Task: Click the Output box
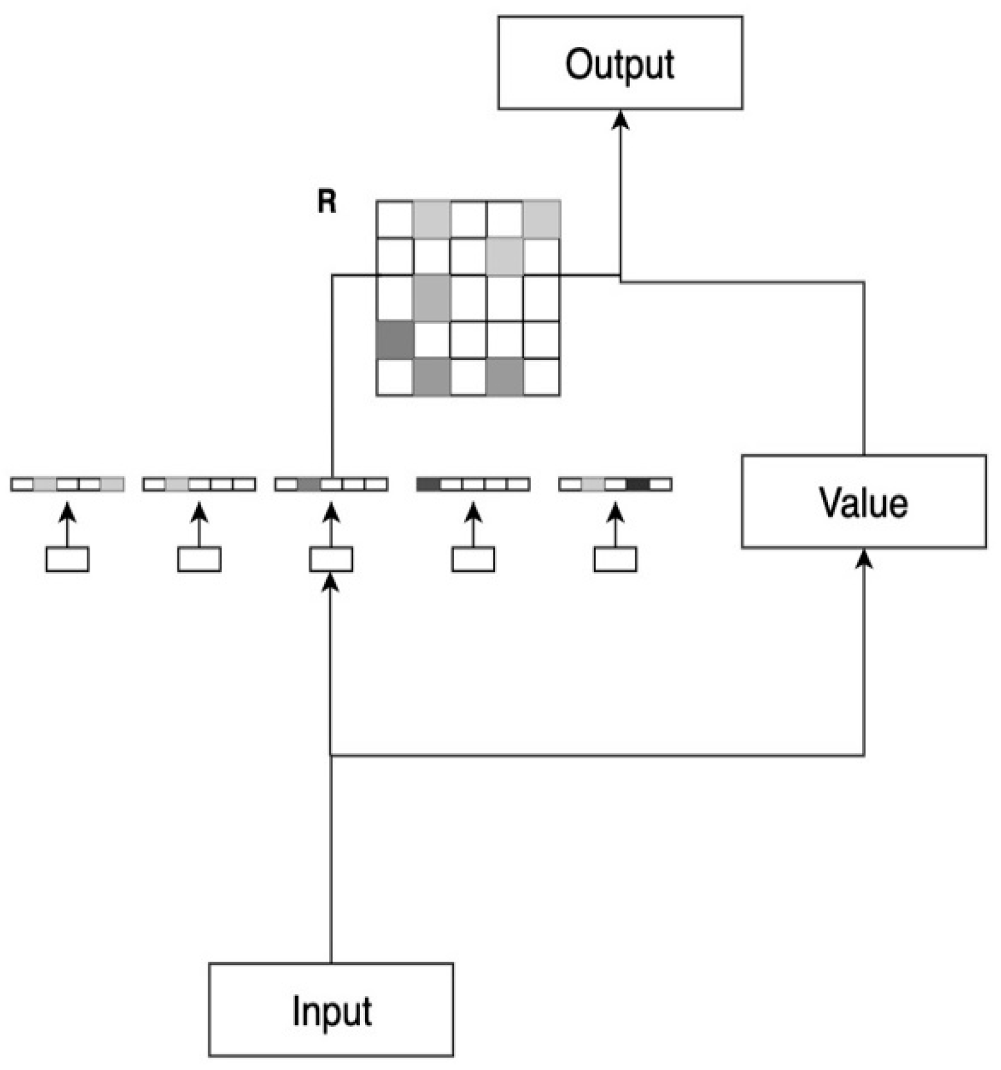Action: tap(620, 63)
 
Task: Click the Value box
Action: tap(863, 501)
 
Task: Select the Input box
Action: tap(330, 1010)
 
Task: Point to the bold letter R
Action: tap(327, 202)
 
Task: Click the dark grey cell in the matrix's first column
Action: tap(394, 340)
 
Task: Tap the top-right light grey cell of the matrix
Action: tap(542, 218)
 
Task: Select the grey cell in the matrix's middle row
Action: tap(431, 297)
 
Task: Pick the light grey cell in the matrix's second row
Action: tap(505, 256)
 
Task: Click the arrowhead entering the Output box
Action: tap(620, 120)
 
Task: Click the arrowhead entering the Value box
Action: tap(864, 559)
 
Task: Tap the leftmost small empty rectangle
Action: tap(67, 559)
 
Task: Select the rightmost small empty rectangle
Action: tap(615, 559)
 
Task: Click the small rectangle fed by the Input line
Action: tap(330, 559)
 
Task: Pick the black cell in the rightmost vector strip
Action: tap(638, 484)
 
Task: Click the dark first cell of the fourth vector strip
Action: tap(428, 484)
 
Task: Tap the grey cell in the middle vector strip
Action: tap(309, 484)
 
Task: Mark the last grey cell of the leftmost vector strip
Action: tap(112, 484)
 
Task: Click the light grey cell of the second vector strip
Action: tap(177, 484)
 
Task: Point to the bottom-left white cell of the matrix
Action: tap(394, 377)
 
